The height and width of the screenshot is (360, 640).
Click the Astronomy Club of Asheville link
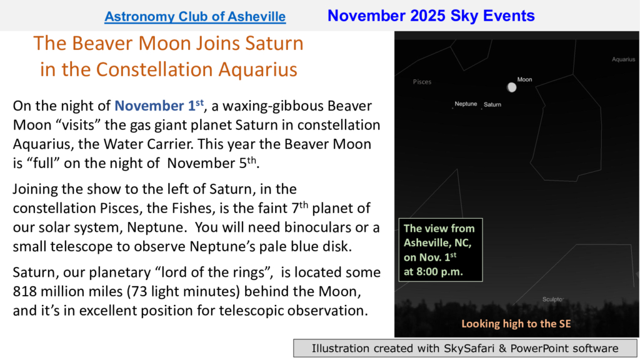point(195,17)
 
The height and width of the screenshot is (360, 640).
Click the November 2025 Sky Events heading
point(431,16)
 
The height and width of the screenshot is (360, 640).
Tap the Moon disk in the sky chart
point(511,87)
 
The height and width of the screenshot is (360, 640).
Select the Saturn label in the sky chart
point(492,104)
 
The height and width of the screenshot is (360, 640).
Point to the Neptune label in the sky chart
point(466,104)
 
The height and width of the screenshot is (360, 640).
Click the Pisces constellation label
point(422,82)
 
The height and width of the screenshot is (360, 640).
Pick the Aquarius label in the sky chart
point(623,59)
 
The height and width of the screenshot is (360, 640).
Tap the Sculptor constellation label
point(553,299)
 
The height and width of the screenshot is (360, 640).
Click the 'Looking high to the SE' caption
point(516,324)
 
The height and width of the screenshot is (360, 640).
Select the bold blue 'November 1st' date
point(159,105)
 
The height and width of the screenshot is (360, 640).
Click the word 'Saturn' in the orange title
point(274,43)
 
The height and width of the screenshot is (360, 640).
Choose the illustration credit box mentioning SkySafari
point(465,348)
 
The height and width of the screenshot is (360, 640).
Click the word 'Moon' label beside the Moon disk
point(524,79)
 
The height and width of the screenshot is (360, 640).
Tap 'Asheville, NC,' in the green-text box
point(437,243)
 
